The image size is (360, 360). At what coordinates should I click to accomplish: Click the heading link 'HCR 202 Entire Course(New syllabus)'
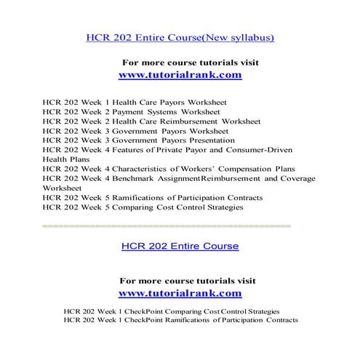180,37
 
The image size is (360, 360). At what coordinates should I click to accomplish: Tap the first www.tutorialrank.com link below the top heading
180,75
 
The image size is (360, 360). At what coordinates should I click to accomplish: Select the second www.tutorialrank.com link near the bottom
180,293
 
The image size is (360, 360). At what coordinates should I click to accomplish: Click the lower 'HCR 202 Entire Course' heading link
180,247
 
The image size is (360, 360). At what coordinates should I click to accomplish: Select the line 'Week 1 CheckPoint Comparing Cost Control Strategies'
171,311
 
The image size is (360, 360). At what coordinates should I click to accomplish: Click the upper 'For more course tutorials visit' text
189,63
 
